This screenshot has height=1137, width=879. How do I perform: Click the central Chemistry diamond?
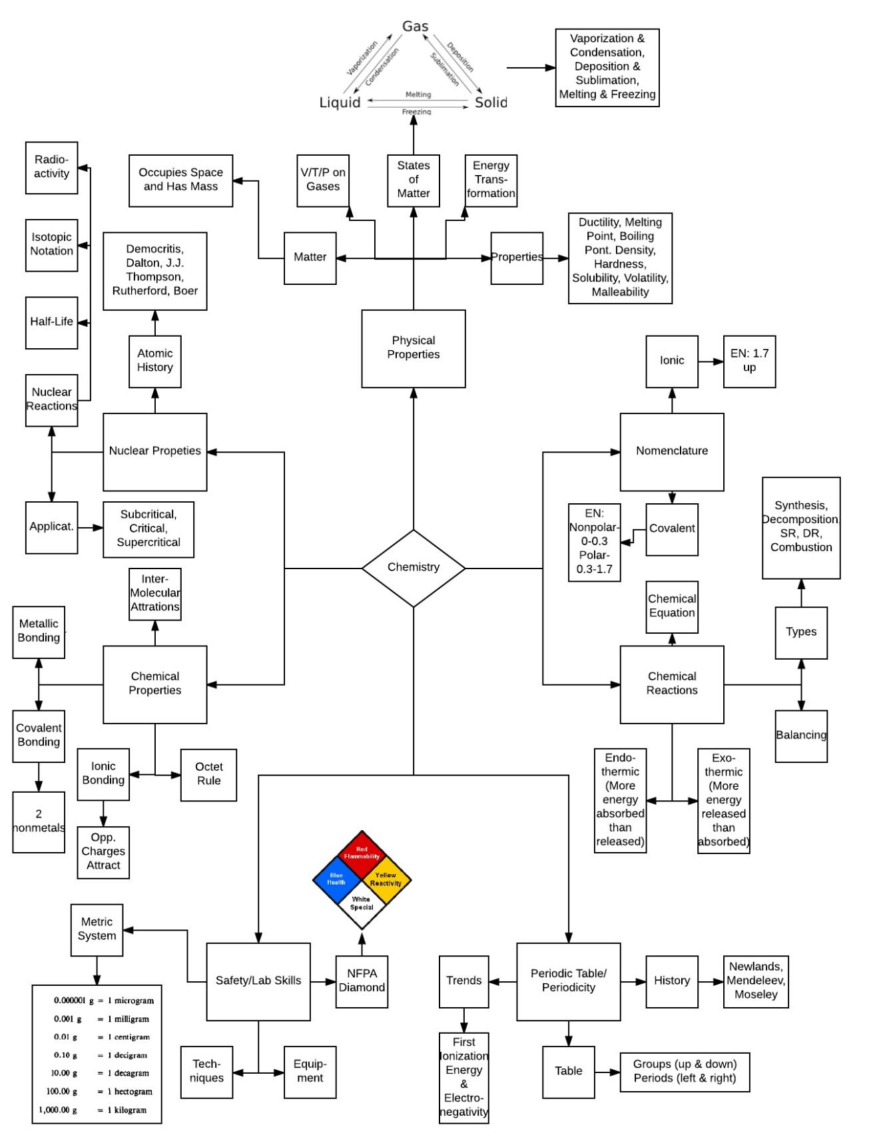(x=413, y=568)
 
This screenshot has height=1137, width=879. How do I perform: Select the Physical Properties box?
(x=413, y=348)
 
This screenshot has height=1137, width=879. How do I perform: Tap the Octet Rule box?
(x=208, y=774)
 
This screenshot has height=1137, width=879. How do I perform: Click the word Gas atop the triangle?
(x=415, y=27)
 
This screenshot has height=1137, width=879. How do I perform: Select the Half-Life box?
(x=51, y=322)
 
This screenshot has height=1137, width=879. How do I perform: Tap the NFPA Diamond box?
(x=362, y=981)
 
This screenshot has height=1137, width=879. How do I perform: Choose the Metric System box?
(x=97, y=929)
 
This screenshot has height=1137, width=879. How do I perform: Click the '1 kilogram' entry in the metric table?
(x=127, y=1110)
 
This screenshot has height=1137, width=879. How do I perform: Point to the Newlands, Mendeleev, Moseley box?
(x=756, y=981)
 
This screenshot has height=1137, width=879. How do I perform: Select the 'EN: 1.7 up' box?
(x=749, y=361)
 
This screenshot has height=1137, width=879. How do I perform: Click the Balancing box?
(x=801, y=736)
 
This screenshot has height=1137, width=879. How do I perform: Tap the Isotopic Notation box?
(x=51, y=244)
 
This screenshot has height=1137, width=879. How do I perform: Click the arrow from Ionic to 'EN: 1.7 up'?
(x=711, y=361)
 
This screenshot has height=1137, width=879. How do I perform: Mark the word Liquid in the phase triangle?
(x=340, y=103)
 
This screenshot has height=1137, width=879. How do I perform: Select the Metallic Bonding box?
(x=39, y=631)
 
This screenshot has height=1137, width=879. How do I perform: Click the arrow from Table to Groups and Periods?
(x=607, y=1072)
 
